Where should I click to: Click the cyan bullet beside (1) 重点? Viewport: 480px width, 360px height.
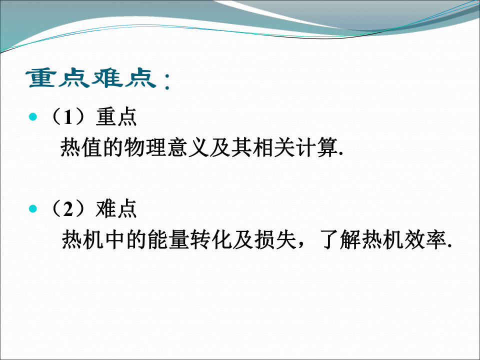pos(33,116)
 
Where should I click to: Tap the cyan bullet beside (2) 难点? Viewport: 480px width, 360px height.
pos(33,209)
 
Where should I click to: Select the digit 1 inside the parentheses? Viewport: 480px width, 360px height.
pos(68,117)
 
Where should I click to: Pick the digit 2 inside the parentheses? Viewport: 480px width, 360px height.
pos(68,209)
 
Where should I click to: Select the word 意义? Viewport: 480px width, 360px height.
pos(188,147)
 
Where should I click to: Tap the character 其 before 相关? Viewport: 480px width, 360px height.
pos(241,147)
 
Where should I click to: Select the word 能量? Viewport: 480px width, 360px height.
pos(168,239)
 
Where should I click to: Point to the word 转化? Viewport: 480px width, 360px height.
pos(211,239)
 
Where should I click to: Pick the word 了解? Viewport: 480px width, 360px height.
pos(340,239)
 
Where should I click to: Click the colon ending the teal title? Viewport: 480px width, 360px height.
pos(167,81)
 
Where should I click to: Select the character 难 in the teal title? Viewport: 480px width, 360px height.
pos(106,78)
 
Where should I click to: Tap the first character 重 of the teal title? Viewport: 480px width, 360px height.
pos(42,78)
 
